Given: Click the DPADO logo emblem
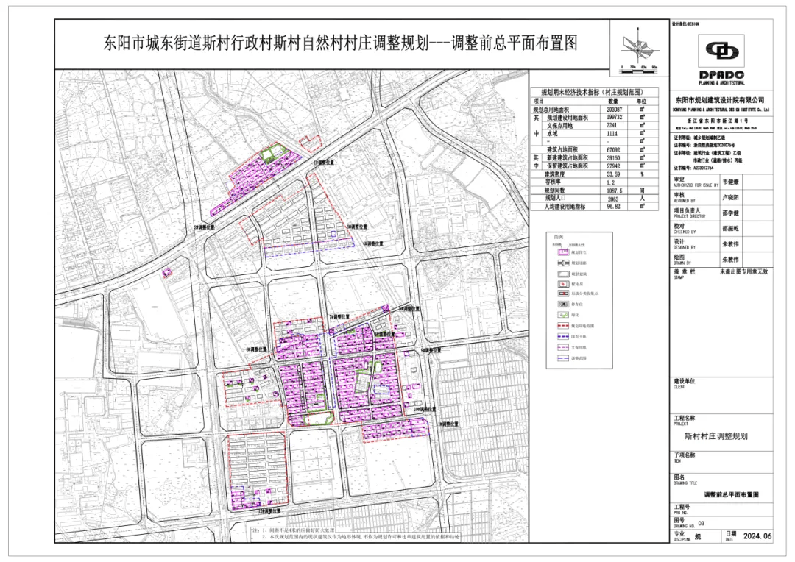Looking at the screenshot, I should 721,51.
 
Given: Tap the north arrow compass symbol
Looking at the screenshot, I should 638,48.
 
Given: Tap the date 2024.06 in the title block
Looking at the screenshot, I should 757,537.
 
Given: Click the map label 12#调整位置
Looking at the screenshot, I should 269,510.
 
